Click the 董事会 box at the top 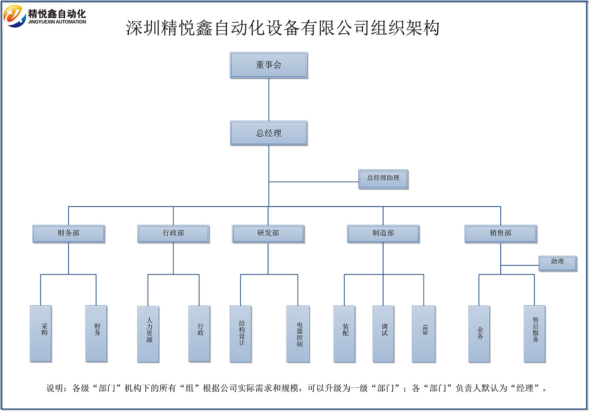coord(268,65)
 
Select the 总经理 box coord(268,133)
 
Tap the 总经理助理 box coord(383,179)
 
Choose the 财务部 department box coord(68,234)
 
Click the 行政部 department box coord(173,234)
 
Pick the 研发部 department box coord(268,234)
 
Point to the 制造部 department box coord(383,234)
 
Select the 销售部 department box coord(501,234)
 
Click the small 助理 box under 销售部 coord(557,263)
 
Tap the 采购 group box coord(41,333)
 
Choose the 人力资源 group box coord(148,334)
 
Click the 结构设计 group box coord(241,334)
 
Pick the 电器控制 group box coord(298,334)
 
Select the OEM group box coord(424,334)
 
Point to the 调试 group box coord(383,334)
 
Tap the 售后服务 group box coord(534,334)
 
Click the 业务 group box coord(479,334)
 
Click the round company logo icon coord(15,16)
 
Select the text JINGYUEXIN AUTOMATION coord(57,22)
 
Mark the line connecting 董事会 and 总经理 coord(269,99)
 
